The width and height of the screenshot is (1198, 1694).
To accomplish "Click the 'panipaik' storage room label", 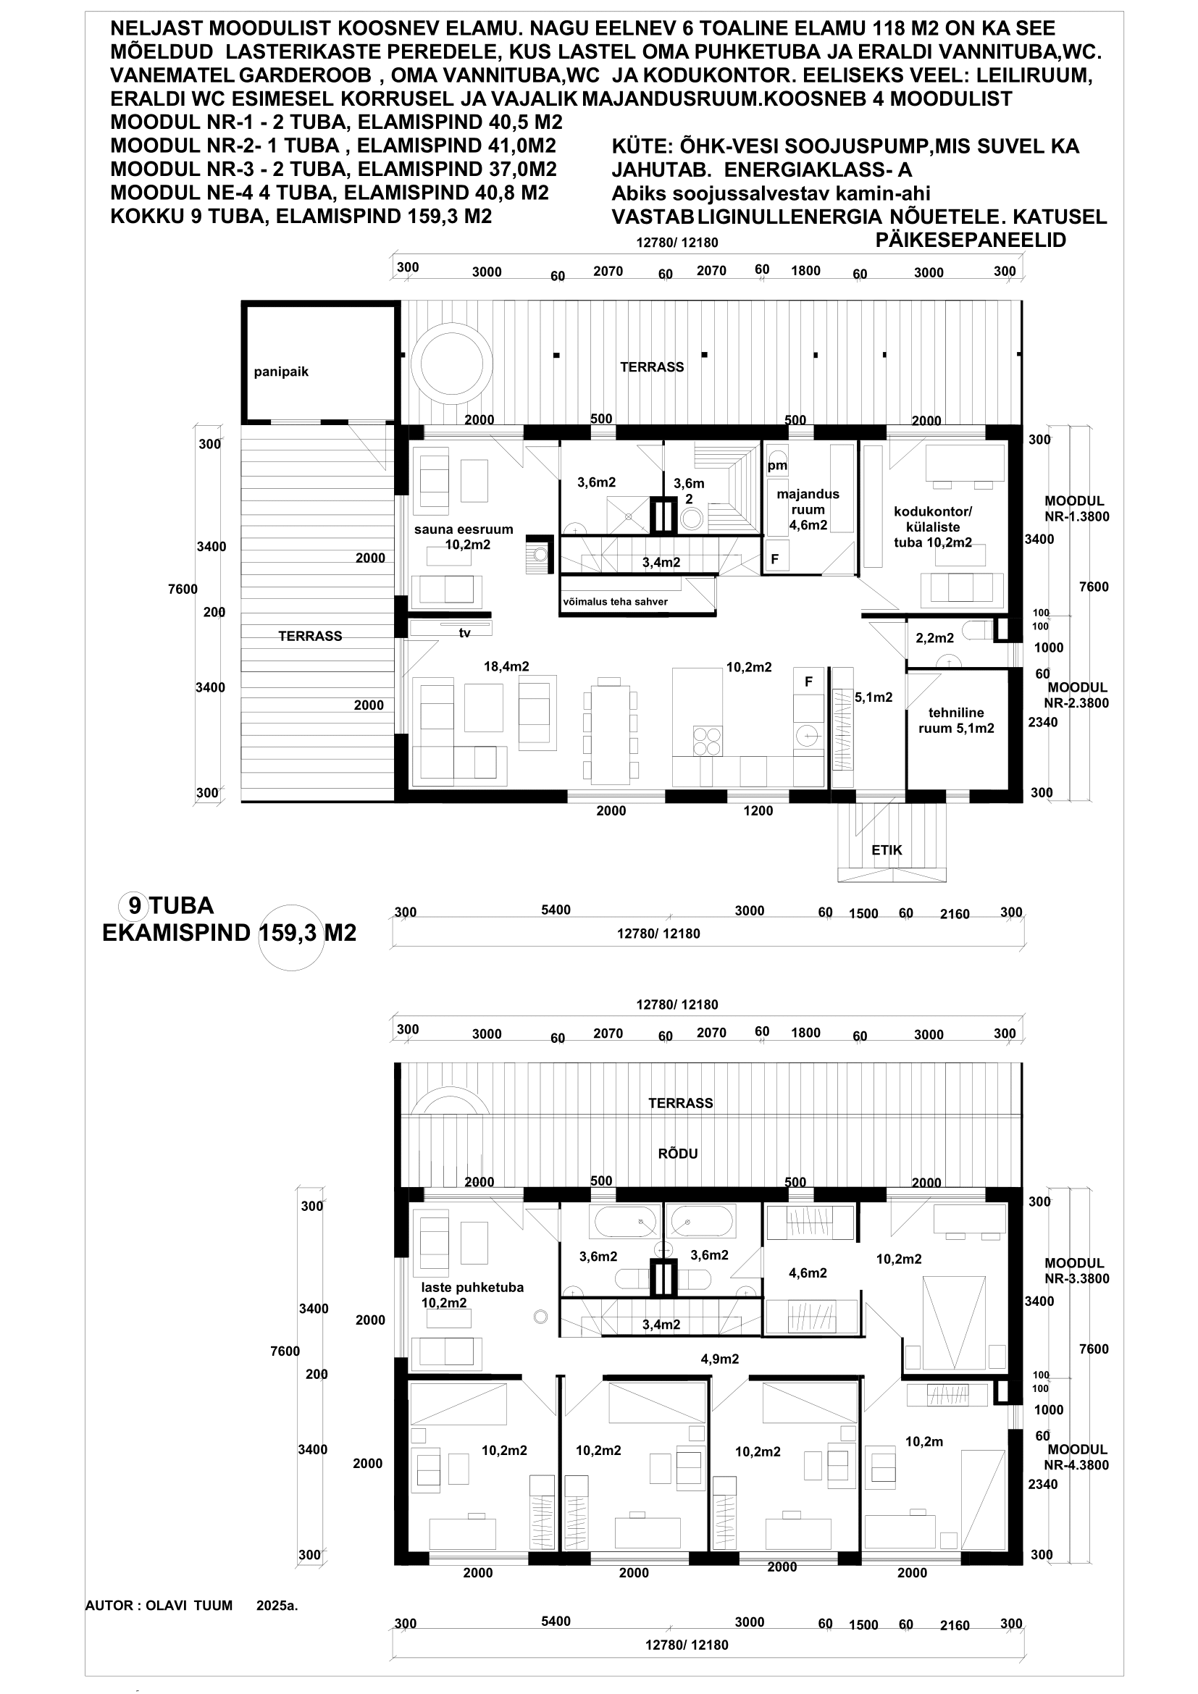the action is click(x=281, y=372).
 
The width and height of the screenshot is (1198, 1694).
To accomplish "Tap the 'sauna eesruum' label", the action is click(x=464, y=529).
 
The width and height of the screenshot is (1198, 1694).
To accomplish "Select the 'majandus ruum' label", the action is click(x=808, y=502).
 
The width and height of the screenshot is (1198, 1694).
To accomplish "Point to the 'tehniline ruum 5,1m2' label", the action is click(x=956, y=720).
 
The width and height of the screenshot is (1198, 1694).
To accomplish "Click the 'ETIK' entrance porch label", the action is click(x=887, y=850).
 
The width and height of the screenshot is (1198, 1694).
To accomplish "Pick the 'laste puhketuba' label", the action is click(x=472, y=1288).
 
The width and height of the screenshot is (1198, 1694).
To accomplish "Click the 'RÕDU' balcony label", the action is click(x=678, y=1153).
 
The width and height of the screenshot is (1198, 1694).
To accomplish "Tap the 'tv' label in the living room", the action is click(x=465, y=633).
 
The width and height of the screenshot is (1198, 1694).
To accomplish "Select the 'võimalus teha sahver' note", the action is click(x=615, y=601).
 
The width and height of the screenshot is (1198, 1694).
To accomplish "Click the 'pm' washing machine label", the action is click(x=777, y=466).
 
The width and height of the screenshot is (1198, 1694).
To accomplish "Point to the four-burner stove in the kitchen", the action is click(x=707, y=741).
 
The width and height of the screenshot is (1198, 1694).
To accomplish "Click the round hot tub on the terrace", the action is click(x=451, y=364).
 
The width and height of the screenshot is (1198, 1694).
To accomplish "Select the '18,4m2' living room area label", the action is click(x=506, y=667).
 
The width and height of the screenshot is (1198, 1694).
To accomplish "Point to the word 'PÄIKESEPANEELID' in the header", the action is click(x=970, y=240).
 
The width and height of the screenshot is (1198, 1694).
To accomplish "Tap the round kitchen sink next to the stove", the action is click(x=808, y=736).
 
